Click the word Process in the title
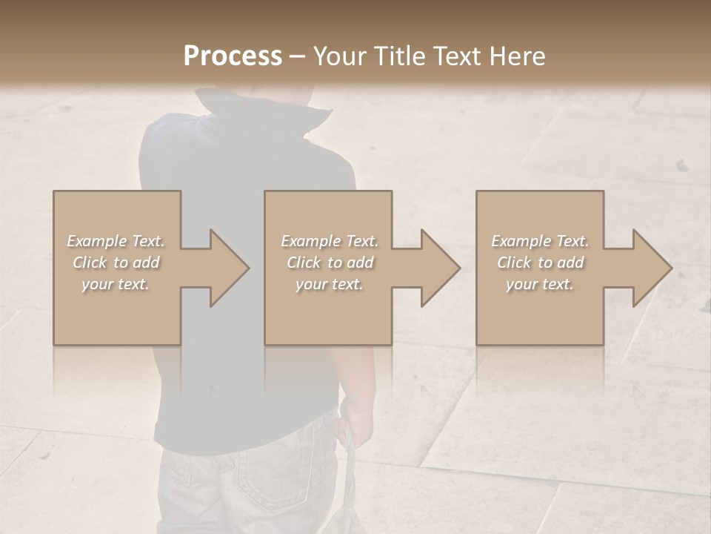pyautogui.click(x=233, y=56)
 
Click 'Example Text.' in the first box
pyautogui.click(x=116, y=241)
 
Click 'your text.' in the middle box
pyautogui.click(x=329, y=284)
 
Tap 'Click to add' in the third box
pyautogui.click(x=540, y=263)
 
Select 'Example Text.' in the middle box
pyautogui.click(x=329, y=241)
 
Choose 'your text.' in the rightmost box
pyautogui.click(x=540, y=284)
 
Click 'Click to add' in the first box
pyautogui.click(x=116, y=263)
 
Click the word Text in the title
pyautogui.click(x=459, y=56)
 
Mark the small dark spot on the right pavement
pyautogui.click(x=681, y=165)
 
